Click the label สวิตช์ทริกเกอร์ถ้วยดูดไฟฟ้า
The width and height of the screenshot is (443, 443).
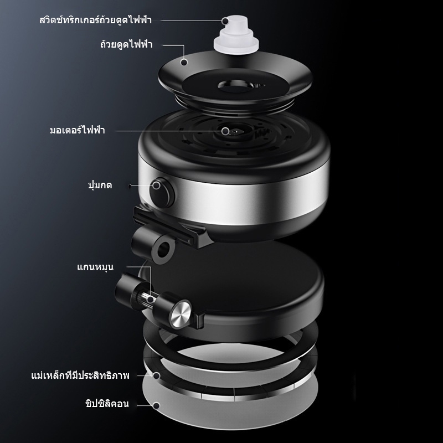coord(96,20)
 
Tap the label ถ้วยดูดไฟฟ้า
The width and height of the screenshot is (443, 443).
coord(126,44)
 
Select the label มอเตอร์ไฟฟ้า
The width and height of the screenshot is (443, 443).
coord(78,130)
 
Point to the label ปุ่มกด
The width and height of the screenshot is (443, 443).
coord(100,186)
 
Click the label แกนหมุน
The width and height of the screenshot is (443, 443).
coord(95,267)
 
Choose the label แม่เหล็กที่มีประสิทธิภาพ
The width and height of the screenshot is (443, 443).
coord(80,375)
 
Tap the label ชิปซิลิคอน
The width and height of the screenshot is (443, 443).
coord(107,404)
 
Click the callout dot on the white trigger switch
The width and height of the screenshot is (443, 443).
coord(225,21)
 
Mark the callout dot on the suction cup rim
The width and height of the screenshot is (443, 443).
coord(184,62)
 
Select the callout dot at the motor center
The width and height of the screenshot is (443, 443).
coord(225,131)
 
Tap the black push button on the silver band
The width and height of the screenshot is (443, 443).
coord(161,192)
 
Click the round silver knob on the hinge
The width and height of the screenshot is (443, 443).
coord(180,315)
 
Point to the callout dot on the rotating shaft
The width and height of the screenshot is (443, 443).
coord(151,300)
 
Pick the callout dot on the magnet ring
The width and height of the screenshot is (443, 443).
coord(156,375)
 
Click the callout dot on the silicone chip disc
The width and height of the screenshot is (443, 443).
coord(156,406)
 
